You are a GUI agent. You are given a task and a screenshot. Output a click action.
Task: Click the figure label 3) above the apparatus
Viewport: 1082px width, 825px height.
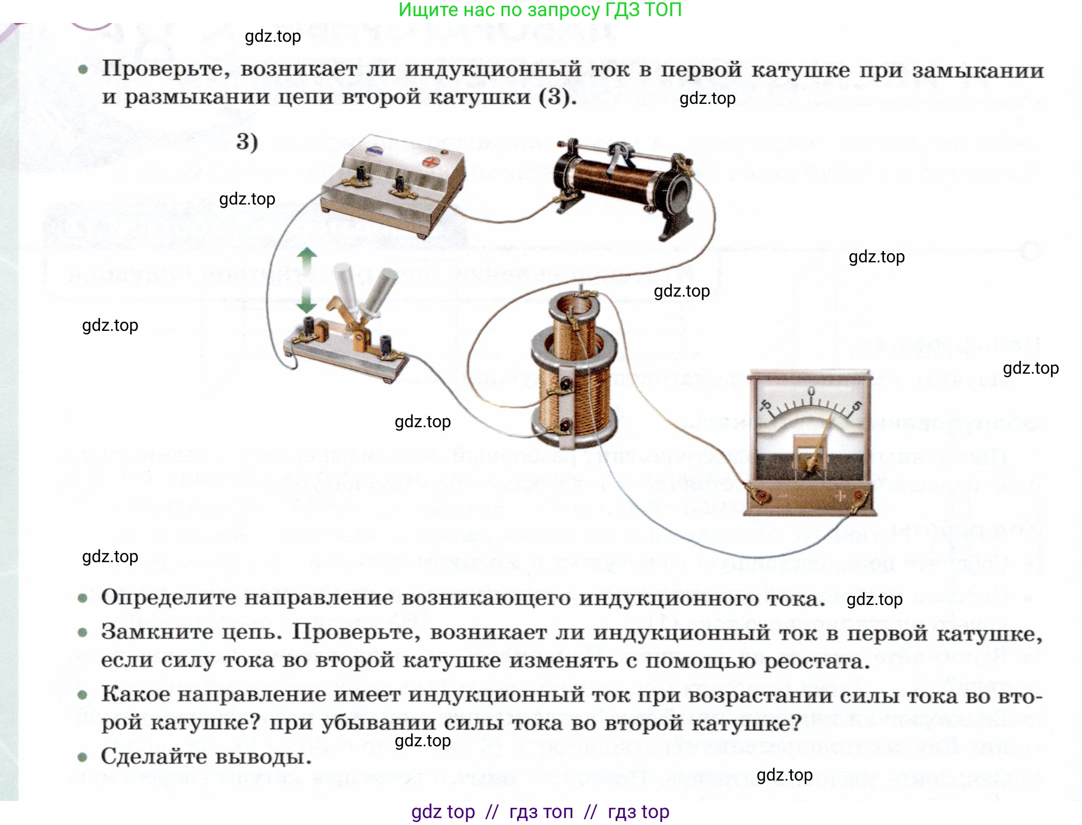click(247, 142)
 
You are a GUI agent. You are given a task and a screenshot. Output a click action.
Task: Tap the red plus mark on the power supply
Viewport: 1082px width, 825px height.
click(429, 161)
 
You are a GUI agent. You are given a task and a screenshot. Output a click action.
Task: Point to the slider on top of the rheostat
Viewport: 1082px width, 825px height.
click(618, 155)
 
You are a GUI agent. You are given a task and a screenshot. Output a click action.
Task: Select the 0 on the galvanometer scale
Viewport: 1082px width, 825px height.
click(811, 390)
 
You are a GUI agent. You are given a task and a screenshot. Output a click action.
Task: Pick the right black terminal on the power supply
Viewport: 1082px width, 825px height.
click(399, 185)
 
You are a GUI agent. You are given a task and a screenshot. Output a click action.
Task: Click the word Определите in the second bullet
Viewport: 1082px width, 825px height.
click(168, 597)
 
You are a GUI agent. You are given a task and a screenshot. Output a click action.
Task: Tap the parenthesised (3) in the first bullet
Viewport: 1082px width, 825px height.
click(556, 97)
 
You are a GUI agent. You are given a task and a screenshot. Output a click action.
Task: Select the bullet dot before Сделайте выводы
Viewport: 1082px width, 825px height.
click(82, 757)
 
